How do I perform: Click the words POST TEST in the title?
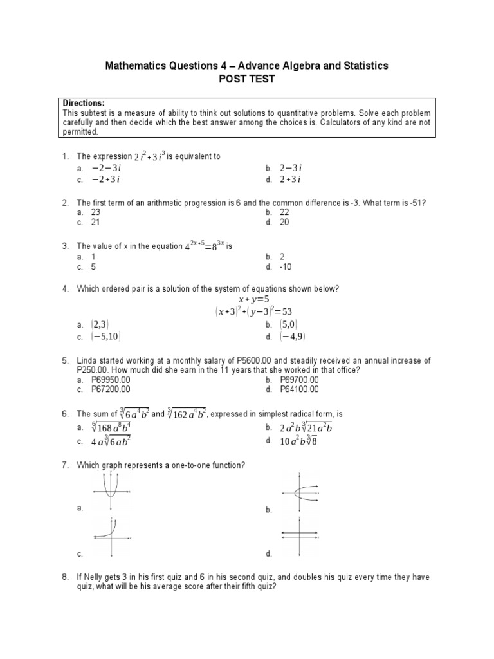pyautogui.click(x=247, y=79)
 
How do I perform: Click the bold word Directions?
pyautogui.click(x=84, y=104)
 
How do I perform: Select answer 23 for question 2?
pyautogui.click(x=97, y=212)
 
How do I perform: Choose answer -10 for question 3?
pyautogui.click(x=287, y=266)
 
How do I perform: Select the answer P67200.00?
pyautogui.click(x=111, y=389)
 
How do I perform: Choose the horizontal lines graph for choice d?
pyautogui.click(x=299, y=536)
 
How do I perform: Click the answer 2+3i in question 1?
pyautogui.click(x=291, y=179)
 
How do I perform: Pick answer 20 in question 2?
pyautogui.click(x=285, y=222)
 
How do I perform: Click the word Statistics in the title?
pyautogui.click(x=365, y=66)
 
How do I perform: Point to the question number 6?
pyautogui.click(x=65, y=414)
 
